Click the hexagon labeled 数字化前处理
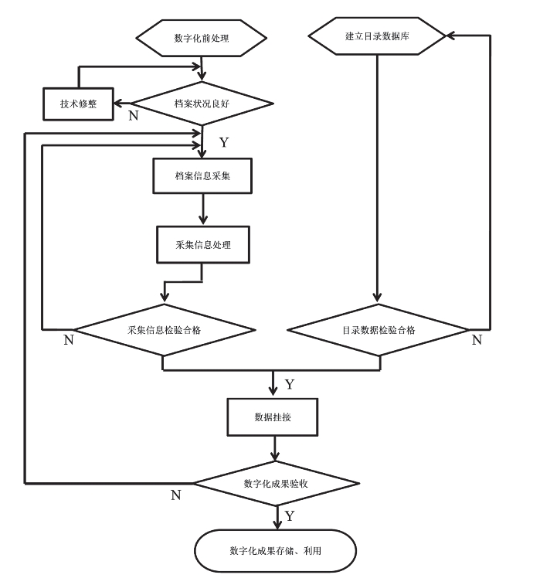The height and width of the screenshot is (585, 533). pos(201,38)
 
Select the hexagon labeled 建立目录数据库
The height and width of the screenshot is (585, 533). pos(377,36)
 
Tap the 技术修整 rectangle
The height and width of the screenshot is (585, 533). pos(78,104)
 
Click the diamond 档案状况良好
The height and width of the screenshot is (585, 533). pos(202,104)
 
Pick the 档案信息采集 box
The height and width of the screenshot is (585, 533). pos(202,175)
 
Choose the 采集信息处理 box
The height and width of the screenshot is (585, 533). pos(203,245)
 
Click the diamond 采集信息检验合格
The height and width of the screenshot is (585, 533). pos(164,330)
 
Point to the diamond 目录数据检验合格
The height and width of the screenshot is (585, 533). pos(379,330)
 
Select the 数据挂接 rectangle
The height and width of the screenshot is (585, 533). pos(273,417)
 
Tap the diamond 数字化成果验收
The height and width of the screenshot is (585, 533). pos(276,484)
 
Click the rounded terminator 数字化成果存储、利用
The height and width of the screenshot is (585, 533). pos(275,551)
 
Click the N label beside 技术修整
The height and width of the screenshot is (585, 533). pos(134,116)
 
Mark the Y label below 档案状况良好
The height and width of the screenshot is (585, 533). pos(224,142)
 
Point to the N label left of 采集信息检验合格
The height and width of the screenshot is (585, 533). pos(69,340)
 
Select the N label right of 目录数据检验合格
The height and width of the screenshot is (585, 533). pos(477,340)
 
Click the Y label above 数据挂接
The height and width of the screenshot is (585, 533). pos(290,384)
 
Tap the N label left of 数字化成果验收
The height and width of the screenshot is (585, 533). pos(176,495)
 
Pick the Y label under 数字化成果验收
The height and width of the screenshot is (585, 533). pos(290,516)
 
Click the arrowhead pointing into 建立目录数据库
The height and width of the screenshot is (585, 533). pos(451,36)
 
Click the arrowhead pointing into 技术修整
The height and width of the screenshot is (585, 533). pos(118,104)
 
